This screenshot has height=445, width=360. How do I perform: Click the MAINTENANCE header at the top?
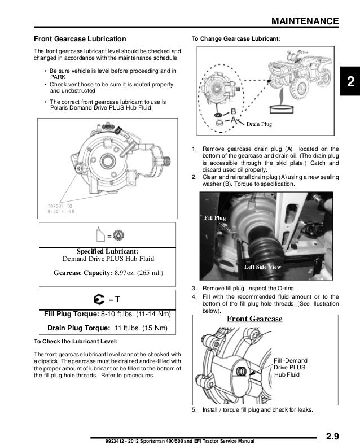pos(305,21)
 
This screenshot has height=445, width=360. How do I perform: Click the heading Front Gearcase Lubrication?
pos(80,39)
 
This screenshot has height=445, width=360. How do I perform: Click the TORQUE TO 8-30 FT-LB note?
pos(60,210)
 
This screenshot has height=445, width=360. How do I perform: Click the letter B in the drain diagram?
pos(232,110)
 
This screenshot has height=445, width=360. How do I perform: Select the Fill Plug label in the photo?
pos(214,217)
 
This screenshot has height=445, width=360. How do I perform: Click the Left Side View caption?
pos(262,266)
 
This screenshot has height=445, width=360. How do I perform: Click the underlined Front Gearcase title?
pos(254,319)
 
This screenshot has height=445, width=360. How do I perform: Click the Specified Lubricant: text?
pos(107,251)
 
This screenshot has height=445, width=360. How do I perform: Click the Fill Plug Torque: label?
pos(72,313)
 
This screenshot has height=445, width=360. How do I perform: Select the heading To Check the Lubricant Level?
pos(76,342)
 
